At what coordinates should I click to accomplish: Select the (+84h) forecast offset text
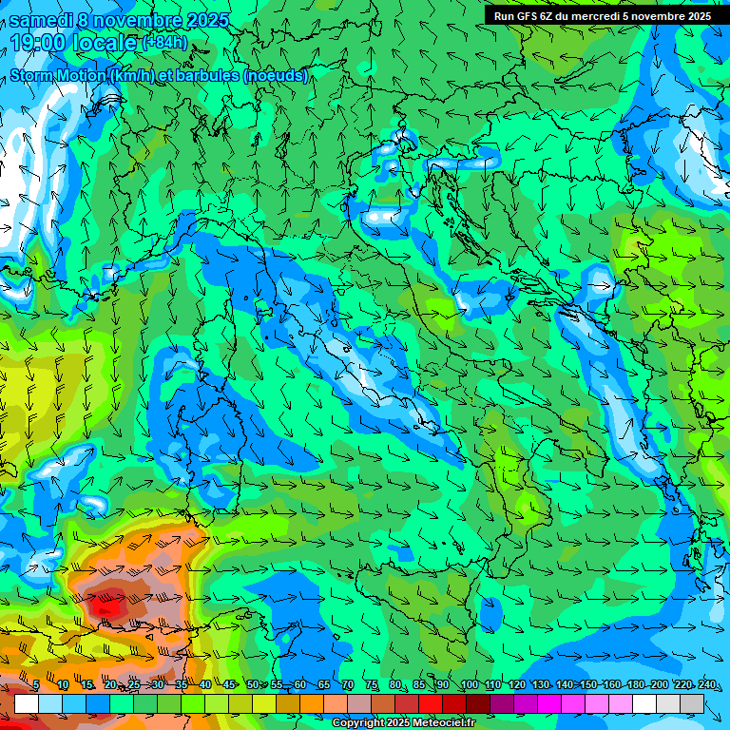pyautogui.click(x=163, y=42)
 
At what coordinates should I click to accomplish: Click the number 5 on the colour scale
pyautogui.click(x=36, y=685)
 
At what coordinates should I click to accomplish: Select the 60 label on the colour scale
pyautogui.click(x=300, y=685)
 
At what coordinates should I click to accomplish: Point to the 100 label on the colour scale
pyautogui.click(x=469, y=685)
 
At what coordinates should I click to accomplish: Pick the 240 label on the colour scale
pyautogui.click(x=707, y=685)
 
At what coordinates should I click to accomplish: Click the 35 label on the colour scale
pyautogui.click(x=181, y=685)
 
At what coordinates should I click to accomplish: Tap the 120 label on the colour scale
pyautogui.click(x=516, y=685)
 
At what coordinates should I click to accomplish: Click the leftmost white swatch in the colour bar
pyautogui.click(x=27, y=703)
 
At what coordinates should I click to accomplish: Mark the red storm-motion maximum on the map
pyautogui.click(x=103, y=602)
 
